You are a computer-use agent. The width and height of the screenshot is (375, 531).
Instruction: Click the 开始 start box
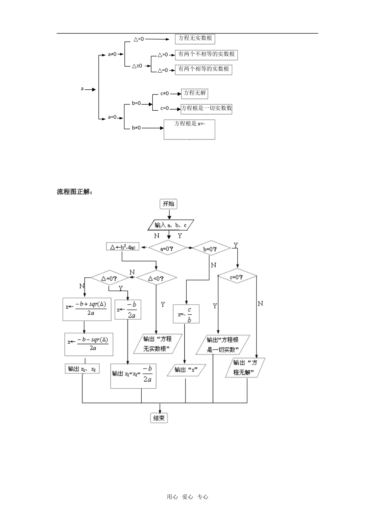169,204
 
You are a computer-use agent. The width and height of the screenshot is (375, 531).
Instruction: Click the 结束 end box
159,418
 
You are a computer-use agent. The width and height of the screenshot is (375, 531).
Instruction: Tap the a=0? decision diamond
167,249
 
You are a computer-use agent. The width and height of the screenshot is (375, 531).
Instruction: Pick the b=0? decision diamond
210,249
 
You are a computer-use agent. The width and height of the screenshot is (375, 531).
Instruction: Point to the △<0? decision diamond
156,278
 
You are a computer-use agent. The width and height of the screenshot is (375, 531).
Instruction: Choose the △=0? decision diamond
109,278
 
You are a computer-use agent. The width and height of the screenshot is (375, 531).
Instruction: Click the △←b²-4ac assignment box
122,247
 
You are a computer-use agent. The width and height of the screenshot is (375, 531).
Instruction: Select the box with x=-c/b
186,314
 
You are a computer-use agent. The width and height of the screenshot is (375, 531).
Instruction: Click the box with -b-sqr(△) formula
89,344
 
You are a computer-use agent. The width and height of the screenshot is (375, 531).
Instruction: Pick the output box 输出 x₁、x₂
82,369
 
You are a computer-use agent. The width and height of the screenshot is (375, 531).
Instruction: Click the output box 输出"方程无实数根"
157,343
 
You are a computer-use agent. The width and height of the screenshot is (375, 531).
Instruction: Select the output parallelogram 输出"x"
186,370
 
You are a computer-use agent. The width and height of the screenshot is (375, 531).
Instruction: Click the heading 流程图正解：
75,192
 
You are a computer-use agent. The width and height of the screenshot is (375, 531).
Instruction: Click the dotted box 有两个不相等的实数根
206,54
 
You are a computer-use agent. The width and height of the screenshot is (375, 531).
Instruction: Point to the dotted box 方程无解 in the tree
194,93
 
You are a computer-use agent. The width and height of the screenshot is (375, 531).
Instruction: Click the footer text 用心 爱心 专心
187,497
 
